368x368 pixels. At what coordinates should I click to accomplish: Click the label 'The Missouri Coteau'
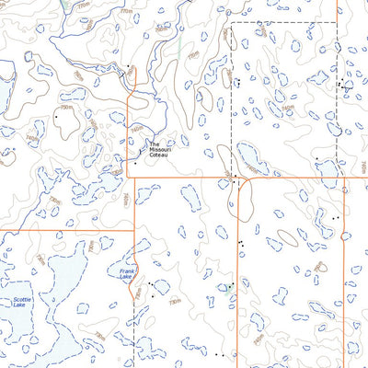click(161, 149)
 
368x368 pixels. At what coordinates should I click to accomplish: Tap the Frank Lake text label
click(125, 274)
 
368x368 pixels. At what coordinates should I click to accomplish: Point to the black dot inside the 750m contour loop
click(57, 117)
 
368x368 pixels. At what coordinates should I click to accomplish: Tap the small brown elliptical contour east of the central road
click(287, 237)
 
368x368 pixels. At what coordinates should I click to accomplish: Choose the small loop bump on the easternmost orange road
click(344, 236)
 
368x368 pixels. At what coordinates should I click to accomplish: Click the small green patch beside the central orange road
click(221, 288)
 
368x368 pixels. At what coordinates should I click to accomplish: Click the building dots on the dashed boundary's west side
click(237, 81)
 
